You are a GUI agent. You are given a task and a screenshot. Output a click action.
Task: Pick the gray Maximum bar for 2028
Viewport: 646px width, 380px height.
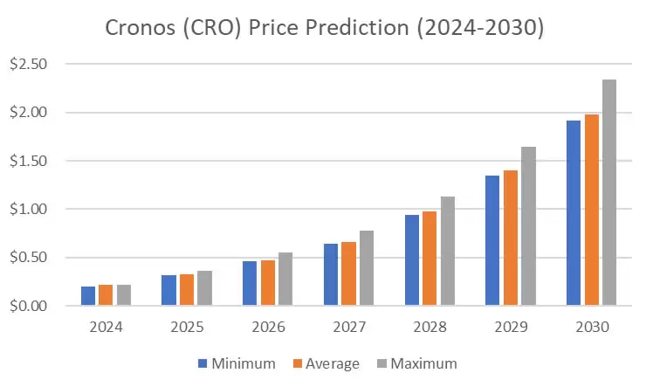click(x=447, y=251)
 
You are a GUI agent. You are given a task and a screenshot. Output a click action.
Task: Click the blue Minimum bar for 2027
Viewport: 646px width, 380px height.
click(x=331, y=274)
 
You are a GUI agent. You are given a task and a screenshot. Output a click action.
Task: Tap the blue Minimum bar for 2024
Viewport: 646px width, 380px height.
click(x=88, y=296)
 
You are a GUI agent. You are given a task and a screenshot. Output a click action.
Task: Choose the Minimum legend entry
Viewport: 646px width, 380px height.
click(x=237, y=363)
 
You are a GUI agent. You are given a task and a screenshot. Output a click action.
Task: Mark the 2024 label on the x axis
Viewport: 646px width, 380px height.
click(x=106, y=327)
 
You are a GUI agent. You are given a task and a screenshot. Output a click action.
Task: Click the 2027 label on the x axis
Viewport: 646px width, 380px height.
click(x=348, y=327)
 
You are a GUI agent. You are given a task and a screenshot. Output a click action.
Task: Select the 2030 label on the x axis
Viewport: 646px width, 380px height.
click(x=591, y=327)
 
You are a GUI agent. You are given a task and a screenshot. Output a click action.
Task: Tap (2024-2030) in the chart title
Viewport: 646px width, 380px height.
click(x=479, y=28)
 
